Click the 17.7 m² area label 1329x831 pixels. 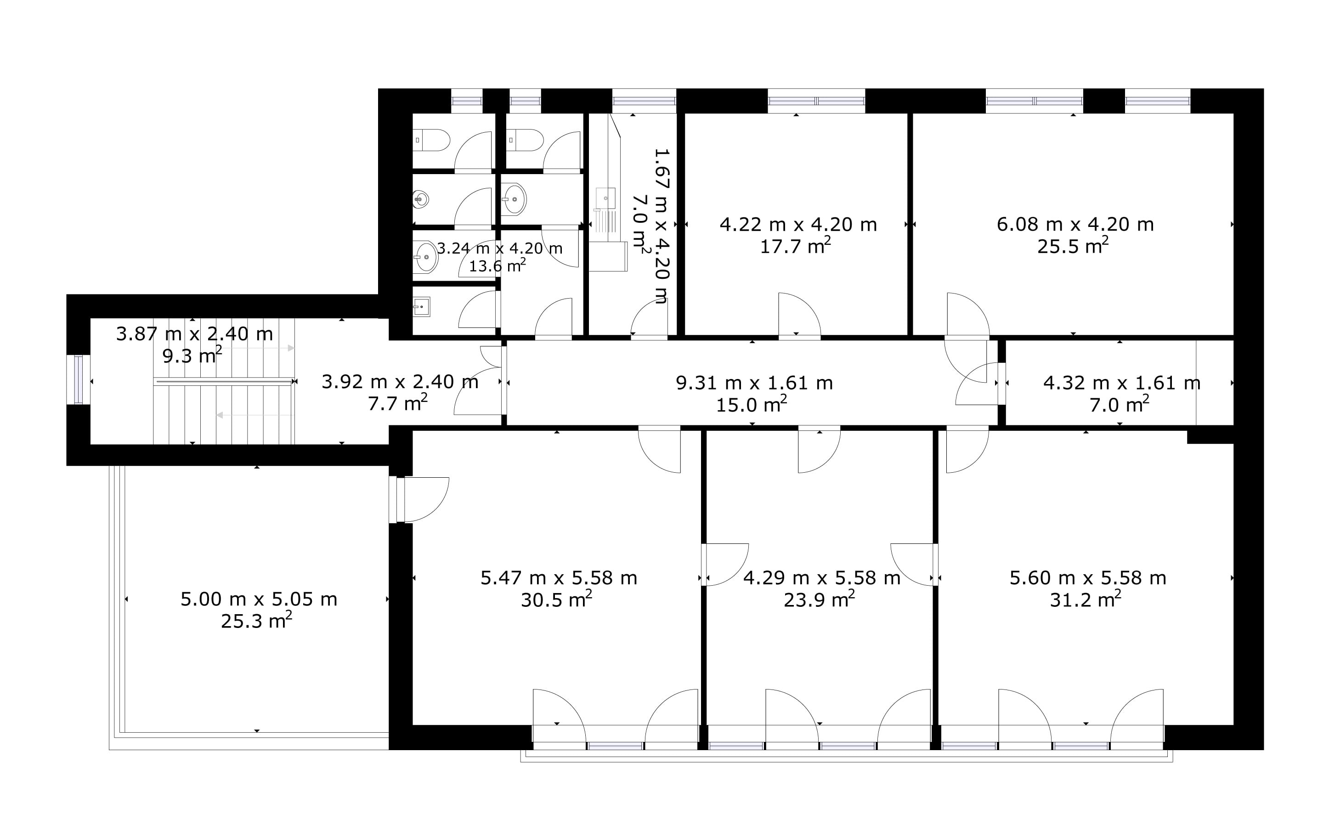click(x=795, y=246)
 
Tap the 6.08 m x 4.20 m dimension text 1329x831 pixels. click(x=1075, y=224)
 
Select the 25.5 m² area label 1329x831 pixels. click(x=1073, y=246)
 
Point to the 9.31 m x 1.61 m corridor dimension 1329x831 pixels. click(x=754, y=383)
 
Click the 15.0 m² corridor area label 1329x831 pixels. click(x=752, y=405)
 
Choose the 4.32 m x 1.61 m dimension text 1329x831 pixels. click(x=1122, y=383)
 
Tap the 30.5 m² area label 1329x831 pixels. click(x=556, y=599)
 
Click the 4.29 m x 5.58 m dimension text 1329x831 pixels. click(x=822, y=577)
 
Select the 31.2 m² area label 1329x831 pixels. click(x=1086, y=599)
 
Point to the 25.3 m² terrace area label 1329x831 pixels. click(x=257, y=621)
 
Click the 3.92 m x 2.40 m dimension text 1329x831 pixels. click(x=400, y=381)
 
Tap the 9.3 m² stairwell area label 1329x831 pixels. click(x=192, y=356)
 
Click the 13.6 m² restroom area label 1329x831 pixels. click(x=498, y=266)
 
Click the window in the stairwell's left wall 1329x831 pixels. click(x=78, y=380)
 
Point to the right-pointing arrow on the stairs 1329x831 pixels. click(x=255, y=348)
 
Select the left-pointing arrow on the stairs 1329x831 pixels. click(x=255, y=415)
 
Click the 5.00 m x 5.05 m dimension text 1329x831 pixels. click(x=259, y=599)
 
